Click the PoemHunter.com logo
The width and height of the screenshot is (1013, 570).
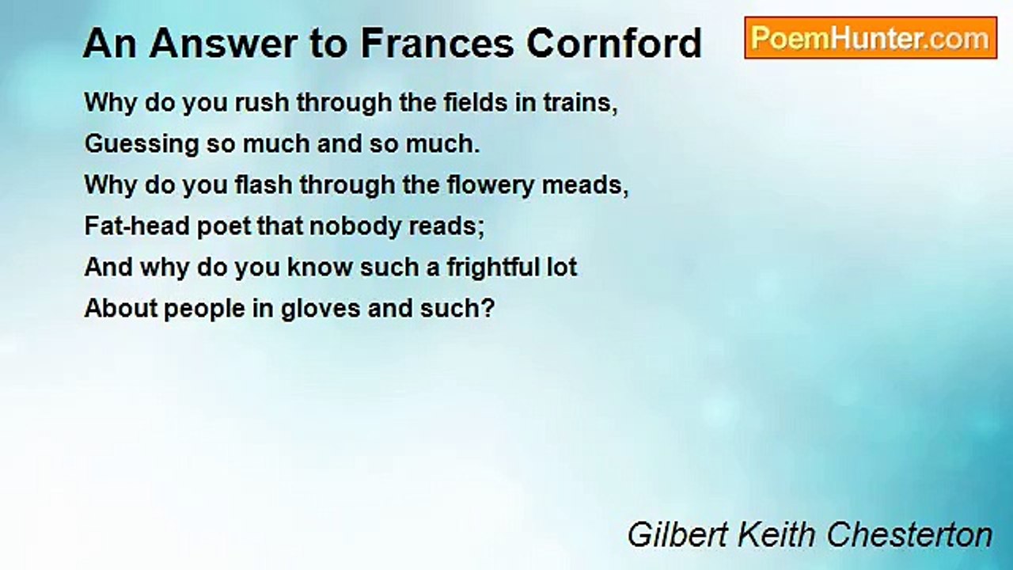(871, 38)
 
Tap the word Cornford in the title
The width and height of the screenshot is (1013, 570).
(614, 44)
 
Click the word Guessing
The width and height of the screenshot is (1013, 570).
(142, 145)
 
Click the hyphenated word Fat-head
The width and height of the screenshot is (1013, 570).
(137, 226)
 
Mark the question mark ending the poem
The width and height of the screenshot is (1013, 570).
(488, 309)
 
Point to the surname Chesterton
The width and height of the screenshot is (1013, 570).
(909, 535)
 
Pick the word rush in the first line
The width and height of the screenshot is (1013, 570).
(262, 103)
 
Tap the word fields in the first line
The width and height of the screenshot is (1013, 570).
(475, 103)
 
